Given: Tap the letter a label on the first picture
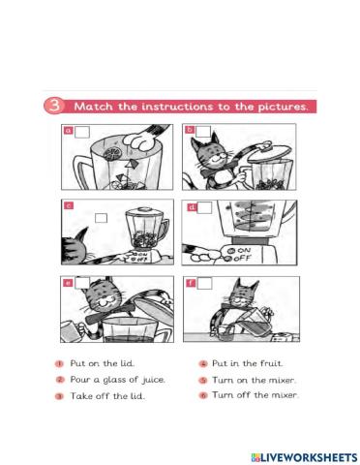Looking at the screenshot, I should click(x=69, y=130).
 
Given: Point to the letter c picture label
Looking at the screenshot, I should click(x=69, y=206).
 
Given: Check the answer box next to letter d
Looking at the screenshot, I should click(x=204, y=207).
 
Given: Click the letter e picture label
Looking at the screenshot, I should click(x=68, y=283).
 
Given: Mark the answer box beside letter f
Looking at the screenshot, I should click(x=204, y=283).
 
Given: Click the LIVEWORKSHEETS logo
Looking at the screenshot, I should click(x=296, y=454).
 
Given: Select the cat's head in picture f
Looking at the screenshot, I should click(x=251, y=295).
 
